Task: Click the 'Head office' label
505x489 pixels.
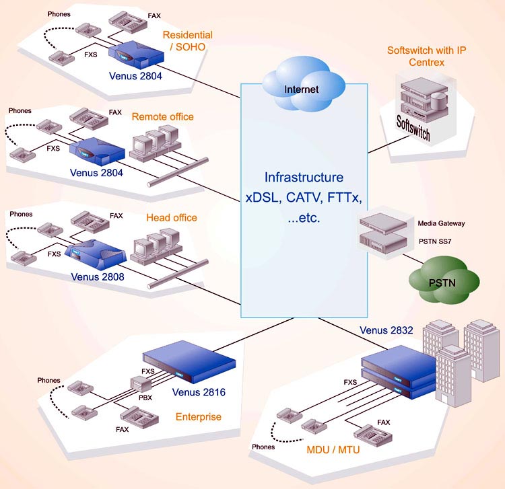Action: [172, 217]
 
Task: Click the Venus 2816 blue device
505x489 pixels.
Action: [191, 367]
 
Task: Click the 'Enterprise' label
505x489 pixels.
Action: [198, 416]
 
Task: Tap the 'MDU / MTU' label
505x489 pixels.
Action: [332, 449]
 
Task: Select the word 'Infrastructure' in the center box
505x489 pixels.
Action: [304, 178]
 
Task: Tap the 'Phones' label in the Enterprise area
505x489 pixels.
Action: [48, 380]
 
